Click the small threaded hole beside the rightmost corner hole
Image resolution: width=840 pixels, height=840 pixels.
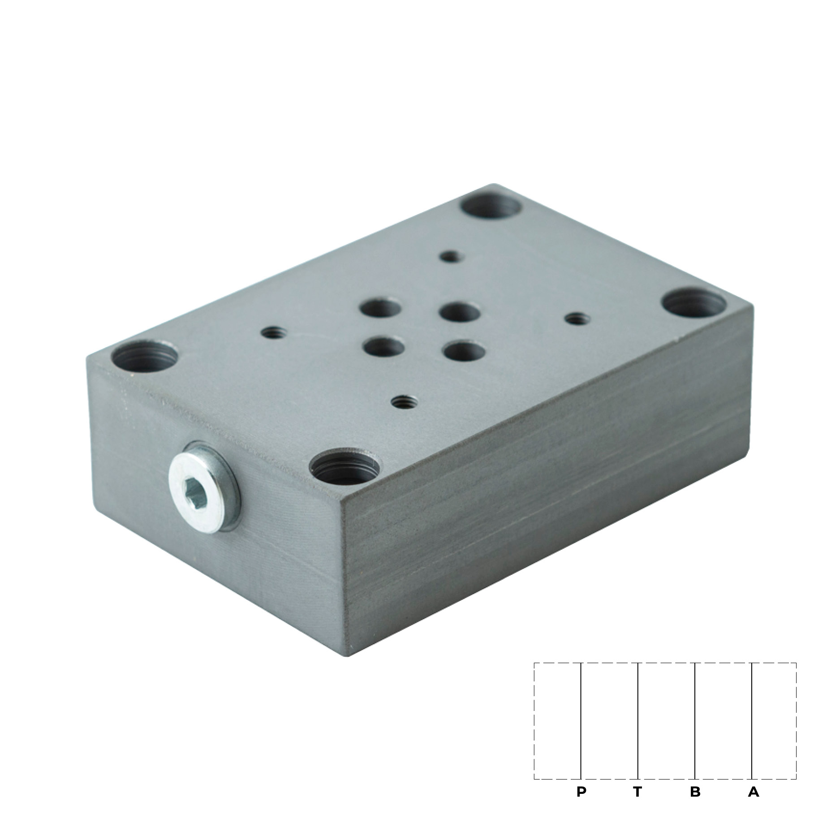point(576,319)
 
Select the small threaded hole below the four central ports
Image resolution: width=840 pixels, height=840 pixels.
point(402,400)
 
